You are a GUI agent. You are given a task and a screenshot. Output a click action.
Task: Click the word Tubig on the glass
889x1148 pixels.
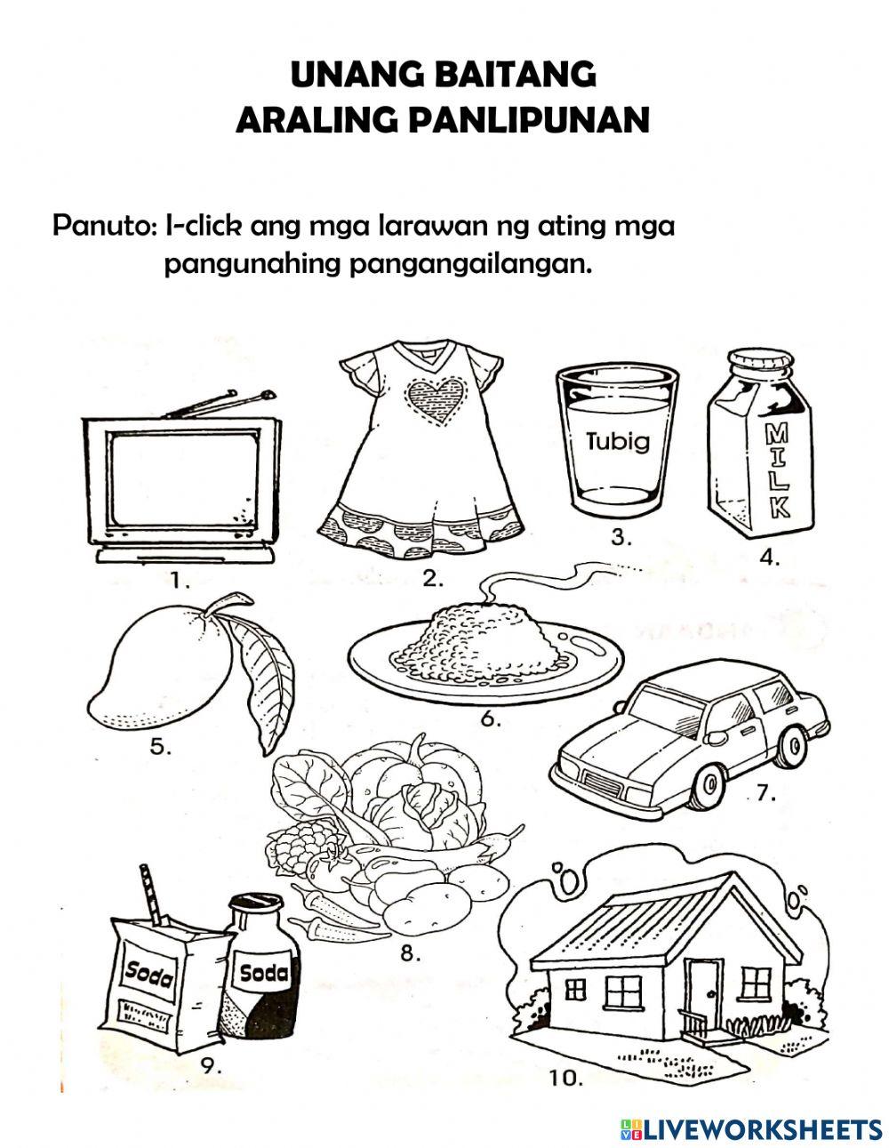[x=618, y=443]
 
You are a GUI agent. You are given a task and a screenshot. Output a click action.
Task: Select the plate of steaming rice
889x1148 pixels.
[x=485, y=649]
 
